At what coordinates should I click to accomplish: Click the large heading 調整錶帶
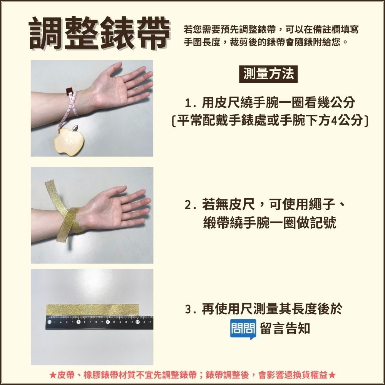pos(99,33)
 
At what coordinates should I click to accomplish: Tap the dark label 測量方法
pos(268,74)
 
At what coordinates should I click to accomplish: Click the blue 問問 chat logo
pos(243,329)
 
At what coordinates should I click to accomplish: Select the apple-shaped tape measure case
pos(68,141)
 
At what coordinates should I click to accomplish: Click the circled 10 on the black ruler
pos(107,322)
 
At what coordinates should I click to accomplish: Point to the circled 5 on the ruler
pos(78,322)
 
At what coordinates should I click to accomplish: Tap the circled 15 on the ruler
pos(137,322)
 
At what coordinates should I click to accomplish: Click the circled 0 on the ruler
pos(49,322)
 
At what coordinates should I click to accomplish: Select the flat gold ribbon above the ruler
pos(92,310)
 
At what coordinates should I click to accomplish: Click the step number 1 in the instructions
pos(188,103)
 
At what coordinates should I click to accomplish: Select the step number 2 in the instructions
pos(188,205)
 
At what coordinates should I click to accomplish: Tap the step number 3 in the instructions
pos(188,310)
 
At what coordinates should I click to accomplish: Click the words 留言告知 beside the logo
pos(285,328)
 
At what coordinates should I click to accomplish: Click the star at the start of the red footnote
pos(52,375)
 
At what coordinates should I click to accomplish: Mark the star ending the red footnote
pos(332,375)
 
